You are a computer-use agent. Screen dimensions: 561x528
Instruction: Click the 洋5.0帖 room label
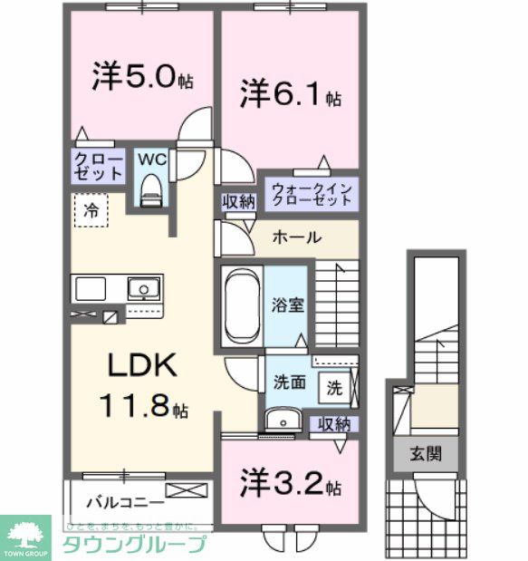click(x=141, y=77)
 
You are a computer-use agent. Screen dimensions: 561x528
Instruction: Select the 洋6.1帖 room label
click(x=290, y=94)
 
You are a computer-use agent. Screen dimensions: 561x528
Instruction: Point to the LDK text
click(x=142, y=366)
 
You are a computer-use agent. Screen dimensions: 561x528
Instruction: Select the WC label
click(x=150, y=159)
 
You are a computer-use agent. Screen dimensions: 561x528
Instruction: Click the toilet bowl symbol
click(x=151, y=189)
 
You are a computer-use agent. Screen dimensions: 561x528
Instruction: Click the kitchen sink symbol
click(x=140, y=290)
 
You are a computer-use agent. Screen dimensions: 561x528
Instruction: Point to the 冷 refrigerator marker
click(x=91, y=210)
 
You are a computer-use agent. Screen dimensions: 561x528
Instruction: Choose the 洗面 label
click(x=289, y=383)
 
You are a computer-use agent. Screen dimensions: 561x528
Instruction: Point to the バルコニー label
click(x=125, y=501)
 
